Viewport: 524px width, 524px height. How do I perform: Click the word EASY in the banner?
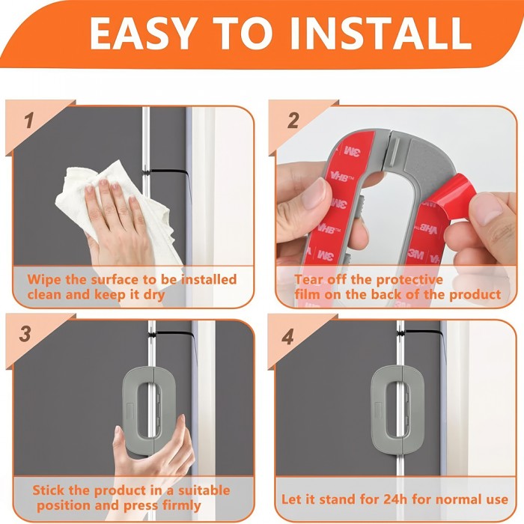point(142,33)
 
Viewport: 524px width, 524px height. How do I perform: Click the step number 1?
point(29,121)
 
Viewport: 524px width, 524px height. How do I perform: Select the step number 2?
point(293,121)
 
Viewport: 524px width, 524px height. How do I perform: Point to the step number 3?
point(25,334)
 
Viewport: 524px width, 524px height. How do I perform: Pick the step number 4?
point(287,337)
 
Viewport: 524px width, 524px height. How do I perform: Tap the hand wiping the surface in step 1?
point(117,221)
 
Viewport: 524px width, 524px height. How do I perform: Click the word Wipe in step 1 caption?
point(44,279)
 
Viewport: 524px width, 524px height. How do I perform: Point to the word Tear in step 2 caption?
point(309,279)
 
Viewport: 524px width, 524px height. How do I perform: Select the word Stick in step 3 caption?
point(49,490)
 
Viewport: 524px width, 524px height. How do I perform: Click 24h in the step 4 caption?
point(395,499)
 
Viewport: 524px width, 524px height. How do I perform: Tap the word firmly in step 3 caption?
point(181,506)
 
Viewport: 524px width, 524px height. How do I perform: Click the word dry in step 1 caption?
point(154,296)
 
